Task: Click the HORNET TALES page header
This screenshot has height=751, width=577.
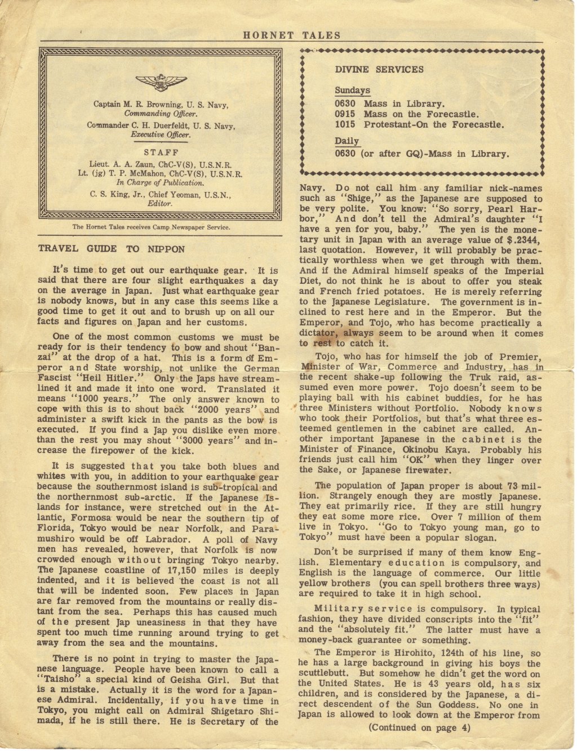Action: point(291,35)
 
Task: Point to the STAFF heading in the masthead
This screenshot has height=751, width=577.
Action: point(161,152)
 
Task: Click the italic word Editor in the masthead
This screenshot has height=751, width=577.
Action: point(160,203)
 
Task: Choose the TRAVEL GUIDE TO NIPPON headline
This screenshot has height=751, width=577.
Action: point(111,248)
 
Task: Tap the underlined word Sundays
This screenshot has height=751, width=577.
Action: point(352,91)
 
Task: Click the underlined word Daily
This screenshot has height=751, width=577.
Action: point(347,141)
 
